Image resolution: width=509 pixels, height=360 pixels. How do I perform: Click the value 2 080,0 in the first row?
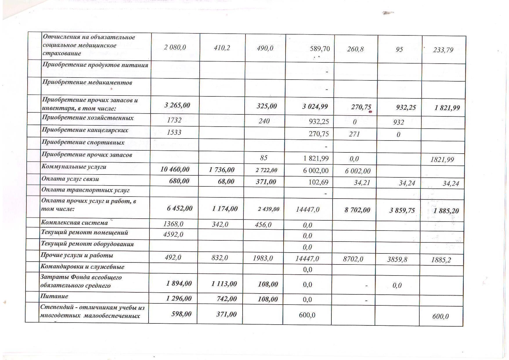(x=175, y=47)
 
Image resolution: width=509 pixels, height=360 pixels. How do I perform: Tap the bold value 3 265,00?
(x=177, y=105)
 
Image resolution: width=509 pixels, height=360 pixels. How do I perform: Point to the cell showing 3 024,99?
(x=315, y=107)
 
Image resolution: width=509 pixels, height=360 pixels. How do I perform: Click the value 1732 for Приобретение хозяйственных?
(x=174, y=120)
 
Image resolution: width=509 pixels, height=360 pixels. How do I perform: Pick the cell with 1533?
(x=174, y=132)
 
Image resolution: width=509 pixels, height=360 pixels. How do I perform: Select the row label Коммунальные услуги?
(x=74, y=167)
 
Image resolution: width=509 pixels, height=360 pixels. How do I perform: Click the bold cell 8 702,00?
(x=357, y=210)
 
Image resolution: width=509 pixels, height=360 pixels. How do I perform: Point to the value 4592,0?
(x=173, y=234)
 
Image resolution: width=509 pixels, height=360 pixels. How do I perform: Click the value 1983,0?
(x=263, y=258)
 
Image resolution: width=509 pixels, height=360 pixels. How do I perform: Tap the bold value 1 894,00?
(x=179, y=283)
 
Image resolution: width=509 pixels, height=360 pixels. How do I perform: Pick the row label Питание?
(x=54, y=296)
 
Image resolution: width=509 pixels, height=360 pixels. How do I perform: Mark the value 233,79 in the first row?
(x=443, y=50)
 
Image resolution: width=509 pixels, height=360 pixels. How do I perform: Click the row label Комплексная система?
(x=74, y=223)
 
